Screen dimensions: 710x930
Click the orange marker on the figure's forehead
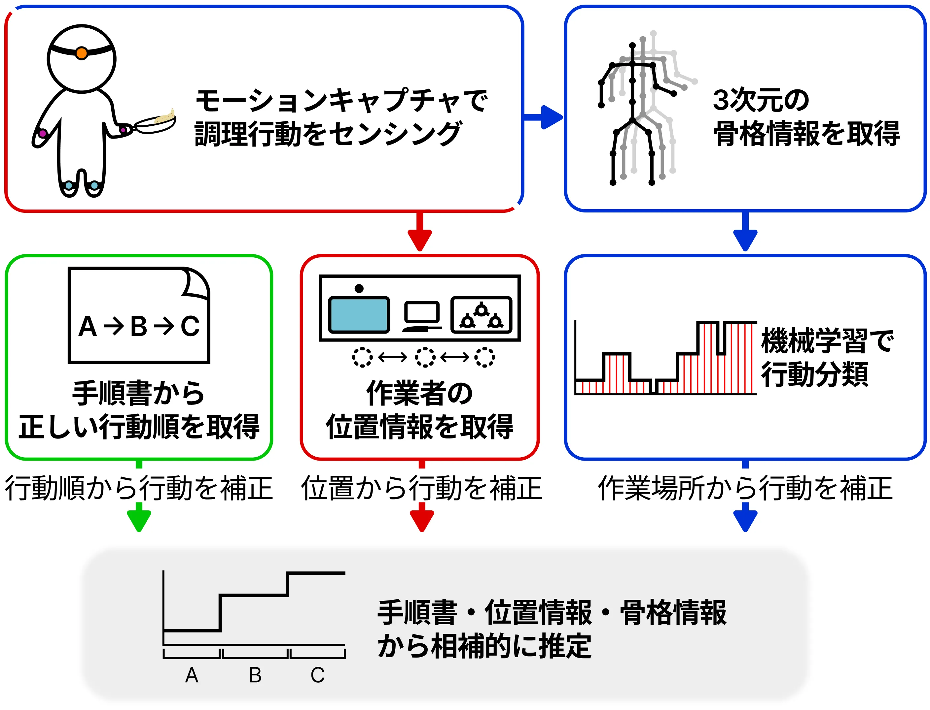pos(82,53)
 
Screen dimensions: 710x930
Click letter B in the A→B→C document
pos(139,326)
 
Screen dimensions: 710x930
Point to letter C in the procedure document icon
pos(190,326)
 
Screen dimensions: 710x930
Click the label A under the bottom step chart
pos(192,675)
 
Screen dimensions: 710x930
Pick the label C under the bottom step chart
pos(318,675)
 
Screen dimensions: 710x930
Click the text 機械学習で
pos(827,340)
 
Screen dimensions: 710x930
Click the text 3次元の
pos(761,101)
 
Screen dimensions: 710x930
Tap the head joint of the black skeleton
pos(632,45)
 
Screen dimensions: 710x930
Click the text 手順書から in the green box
pos(139,393)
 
